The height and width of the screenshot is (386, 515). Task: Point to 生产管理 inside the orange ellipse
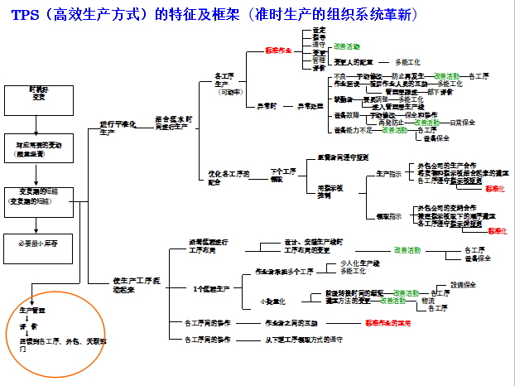pyautogui.click(x=33, y=309)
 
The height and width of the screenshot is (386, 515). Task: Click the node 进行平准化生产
pyautogui.click(x=117, y=128)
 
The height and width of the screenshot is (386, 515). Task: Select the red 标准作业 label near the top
pyautogui.click(x=278, y=50)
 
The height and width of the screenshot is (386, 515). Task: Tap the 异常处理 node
pyautogui.click(x=310, y=106)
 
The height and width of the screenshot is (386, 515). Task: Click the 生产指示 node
pyautogui.click(x=390, y=173)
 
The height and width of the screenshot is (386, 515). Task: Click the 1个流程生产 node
pyautogui.click(x=211, y=288)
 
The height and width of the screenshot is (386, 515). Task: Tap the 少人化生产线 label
pyautogui.click(x=360, y=263)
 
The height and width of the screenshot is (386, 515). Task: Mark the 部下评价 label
pyautogui.click(x=440, y=91)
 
